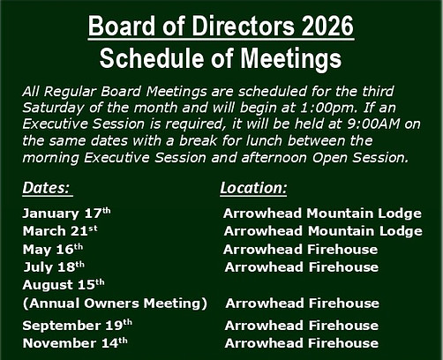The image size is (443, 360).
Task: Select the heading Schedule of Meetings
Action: point(221,58)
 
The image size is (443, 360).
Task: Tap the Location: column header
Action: point(252,189)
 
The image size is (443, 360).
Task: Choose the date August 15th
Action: point(63,285)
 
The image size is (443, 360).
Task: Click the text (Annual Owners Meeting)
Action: point(114,304)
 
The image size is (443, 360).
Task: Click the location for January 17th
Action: point(322,214)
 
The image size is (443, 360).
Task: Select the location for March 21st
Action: point(322,231)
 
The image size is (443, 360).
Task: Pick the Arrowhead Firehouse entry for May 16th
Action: point(301,249)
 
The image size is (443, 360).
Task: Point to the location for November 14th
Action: point(301,343)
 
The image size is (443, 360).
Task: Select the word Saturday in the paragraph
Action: point(52,108)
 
